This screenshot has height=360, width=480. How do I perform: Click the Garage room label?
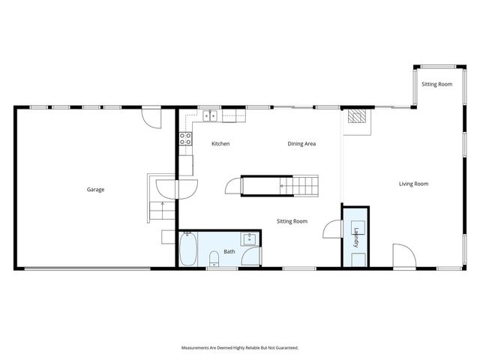coord(94,190)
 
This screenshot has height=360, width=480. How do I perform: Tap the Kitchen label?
coord(220,143)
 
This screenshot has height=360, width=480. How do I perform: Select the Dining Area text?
coord(301,143)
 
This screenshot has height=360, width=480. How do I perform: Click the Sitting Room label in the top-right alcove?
coord(436,85)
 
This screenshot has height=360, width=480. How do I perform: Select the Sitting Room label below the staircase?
coord(292,221)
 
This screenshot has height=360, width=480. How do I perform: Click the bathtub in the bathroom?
coord(188,250)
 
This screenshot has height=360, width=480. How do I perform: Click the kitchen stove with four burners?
coord(184,138)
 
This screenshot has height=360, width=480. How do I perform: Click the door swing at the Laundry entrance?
coord(331,229)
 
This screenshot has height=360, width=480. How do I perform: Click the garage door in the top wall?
coord(151,117)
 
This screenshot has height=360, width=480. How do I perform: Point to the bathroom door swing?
coord(253,257)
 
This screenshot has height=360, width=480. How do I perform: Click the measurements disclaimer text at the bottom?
coord(240,348)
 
